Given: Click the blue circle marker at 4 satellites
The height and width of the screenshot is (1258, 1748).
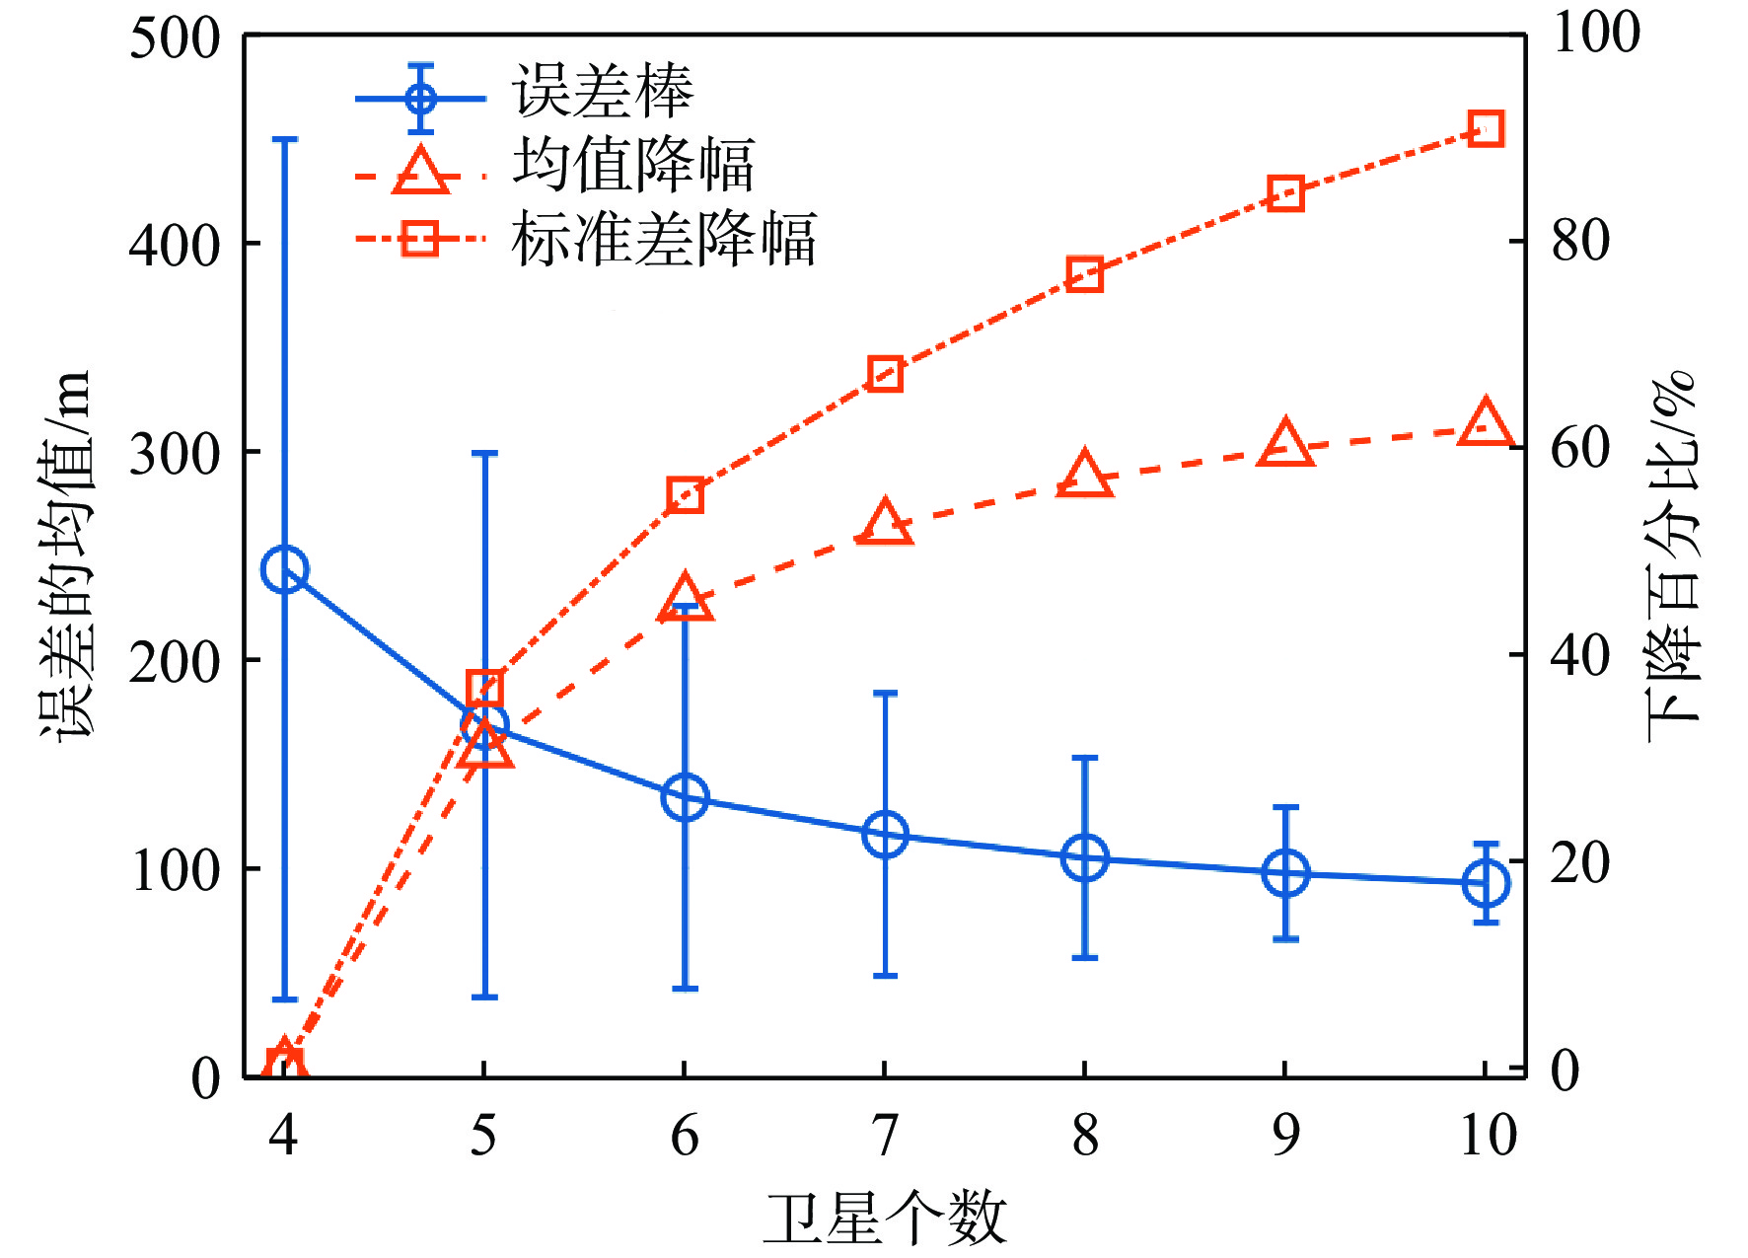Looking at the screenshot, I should pos(285,569).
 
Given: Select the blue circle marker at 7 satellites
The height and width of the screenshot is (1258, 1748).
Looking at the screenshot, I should pos(885,835).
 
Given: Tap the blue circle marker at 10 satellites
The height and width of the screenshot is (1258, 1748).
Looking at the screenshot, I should pos(1486,882).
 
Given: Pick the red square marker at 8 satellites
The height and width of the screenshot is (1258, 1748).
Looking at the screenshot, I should pos(1084,273).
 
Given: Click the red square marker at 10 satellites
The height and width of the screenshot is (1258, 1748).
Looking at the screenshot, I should pos(1486,129).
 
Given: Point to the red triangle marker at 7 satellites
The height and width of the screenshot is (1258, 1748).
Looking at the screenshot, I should pos(885,523).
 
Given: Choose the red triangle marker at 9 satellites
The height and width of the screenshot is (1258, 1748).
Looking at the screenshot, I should pos(1285,444).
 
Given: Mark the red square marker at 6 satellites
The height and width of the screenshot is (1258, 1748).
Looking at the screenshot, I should pos(685,494).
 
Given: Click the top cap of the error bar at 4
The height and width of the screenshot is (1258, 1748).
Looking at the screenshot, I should pos(285,139).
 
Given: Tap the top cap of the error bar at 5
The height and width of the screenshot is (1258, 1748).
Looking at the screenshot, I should pos(484,453).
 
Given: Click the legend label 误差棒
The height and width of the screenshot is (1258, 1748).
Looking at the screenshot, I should pos(603,92).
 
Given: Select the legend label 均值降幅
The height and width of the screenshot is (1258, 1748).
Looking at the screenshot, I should pos(633,165).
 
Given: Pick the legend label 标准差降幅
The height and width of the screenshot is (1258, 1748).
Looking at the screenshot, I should pos(664,239).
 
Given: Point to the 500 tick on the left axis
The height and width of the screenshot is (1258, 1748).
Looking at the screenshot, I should pos(175,39).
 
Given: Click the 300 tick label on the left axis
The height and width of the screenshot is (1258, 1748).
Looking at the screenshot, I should pos(175,455).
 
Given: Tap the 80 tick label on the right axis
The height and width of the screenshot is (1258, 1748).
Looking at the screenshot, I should pos(1580,240).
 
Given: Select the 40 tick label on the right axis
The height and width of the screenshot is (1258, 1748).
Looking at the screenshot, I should pos(1580,655).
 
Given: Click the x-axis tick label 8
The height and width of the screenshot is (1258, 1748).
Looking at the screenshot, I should pos(1085,1136).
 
